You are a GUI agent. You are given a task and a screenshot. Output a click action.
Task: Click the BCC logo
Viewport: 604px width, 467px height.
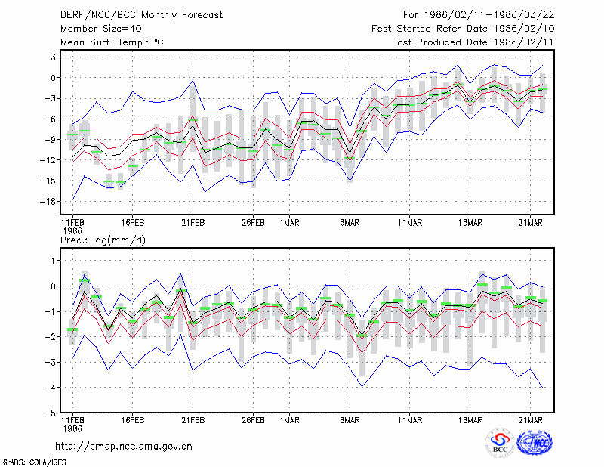(x=500, y=442)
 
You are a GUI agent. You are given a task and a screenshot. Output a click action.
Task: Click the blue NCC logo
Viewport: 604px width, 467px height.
(x=535, y=442)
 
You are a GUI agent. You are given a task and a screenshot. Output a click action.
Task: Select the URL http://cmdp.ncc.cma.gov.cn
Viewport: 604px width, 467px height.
(x=124, y=447)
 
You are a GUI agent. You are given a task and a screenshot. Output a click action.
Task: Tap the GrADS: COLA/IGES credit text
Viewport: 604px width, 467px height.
(x=34, y=462)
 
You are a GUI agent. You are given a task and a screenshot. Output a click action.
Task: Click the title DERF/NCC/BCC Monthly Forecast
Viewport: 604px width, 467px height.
(x=141, y=15)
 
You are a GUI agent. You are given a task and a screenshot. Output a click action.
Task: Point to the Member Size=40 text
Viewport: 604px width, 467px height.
(x=101, y=29)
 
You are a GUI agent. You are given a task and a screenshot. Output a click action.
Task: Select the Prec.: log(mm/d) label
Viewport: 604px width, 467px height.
(x=103, y=240)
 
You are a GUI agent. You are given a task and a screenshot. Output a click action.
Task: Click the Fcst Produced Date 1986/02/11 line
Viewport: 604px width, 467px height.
(x=473, y=42)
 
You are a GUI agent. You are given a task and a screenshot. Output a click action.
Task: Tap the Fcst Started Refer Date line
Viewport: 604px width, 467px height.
(x=463, y=29)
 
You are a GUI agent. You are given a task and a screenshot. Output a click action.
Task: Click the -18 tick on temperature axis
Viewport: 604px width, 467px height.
(x=48, y=201)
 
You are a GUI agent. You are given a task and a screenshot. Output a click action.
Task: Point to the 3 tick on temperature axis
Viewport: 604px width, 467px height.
(x=53, y=57)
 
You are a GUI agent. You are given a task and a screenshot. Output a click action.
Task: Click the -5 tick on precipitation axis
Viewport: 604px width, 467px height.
(x=50, y=413)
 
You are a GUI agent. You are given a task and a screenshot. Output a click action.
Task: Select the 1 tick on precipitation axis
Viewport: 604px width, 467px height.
(x=53, y=261)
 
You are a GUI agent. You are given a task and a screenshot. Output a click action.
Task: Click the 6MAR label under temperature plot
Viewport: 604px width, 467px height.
(x=350, y=223)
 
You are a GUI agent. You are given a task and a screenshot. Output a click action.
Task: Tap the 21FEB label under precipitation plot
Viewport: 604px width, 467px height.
(x=193, y=420)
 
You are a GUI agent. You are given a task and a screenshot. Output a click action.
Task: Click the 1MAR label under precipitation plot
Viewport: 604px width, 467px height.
(x=290, y=420)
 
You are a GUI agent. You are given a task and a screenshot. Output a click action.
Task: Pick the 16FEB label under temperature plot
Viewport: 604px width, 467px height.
(x=133, y=223)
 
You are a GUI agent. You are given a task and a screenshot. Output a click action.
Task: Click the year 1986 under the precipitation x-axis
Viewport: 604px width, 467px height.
(x=72, y=428)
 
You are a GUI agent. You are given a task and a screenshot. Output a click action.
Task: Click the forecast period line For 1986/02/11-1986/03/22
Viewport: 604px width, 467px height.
(x=479, y=15)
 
